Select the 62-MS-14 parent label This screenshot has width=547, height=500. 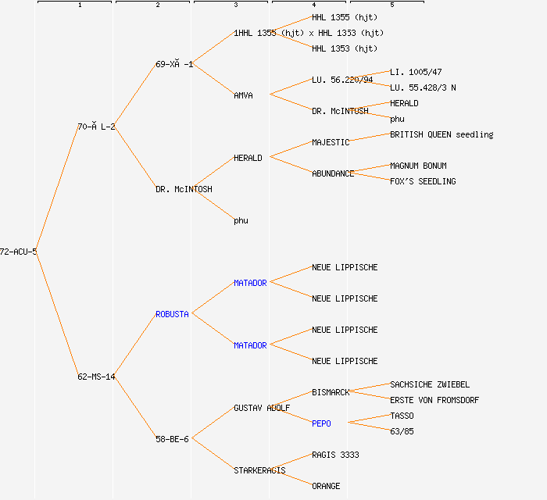(x=96, y=377)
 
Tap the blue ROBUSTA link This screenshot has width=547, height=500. (x=172, y=314)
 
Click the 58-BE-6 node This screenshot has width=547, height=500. (x=172, y=439)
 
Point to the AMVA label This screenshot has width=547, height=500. (x=243, y=95)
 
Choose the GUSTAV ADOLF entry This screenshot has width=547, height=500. (x=262, y=408)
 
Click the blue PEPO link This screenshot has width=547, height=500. (x=321, y=423)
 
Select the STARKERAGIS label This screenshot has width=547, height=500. (x=259, y=470)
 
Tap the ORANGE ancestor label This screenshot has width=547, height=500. (x=326, y=486)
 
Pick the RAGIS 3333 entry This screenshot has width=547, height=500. (x=335, y=455)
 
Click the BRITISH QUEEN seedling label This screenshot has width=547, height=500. (x=442, y=134)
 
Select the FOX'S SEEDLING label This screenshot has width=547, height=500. (x=423, y=181)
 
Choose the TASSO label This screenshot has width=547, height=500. (x=402, y=416)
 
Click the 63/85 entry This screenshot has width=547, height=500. (x=402, y=431)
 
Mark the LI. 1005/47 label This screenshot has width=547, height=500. (x=416, y=72)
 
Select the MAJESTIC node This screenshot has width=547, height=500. (x=331, y=142)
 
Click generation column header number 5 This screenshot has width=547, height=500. (x=392, y=5)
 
